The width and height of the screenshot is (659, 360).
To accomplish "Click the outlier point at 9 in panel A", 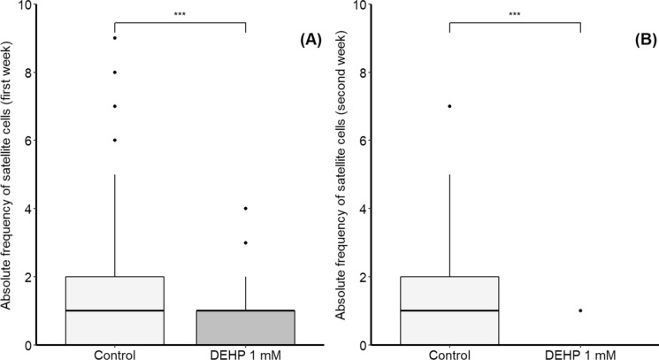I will (x=114, y=38).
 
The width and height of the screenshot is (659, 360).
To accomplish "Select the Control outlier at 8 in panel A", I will (x=114, y=73).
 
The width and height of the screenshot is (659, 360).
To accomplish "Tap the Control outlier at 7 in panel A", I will (x=114, y=106).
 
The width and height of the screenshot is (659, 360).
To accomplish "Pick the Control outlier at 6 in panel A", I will (x=114, y=141).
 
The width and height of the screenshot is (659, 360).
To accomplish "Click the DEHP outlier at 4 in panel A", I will (x=245, y=209).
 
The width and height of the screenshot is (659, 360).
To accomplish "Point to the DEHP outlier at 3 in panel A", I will (x=245, y=242).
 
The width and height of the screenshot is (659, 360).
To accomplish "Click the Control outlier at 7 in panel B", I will (x=449, y=106).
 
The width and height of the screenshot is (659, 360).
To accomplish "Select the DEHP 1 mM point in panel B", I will (x=580, y=310).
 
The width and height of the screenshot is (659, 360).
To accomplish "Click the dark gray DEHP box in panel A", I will (x=245, y=327).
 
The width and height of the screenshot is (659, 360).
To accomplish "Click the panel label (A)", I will (x=306, y=40).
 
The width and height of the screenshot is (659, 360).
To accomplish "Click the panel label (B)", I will (x=641, y=40).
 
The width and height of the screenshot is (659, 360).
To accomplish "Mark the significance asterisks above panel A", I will (x=180, y=15).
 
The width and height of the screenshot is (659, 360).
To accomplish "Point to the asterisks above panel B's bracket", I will (x=515, y=15).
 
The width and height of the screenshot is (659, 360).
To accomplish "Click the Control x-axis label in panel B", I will (x=449, y=352).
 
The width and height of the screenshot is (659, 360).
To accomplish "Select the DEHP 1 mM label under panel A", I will (x=245, y=352).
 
